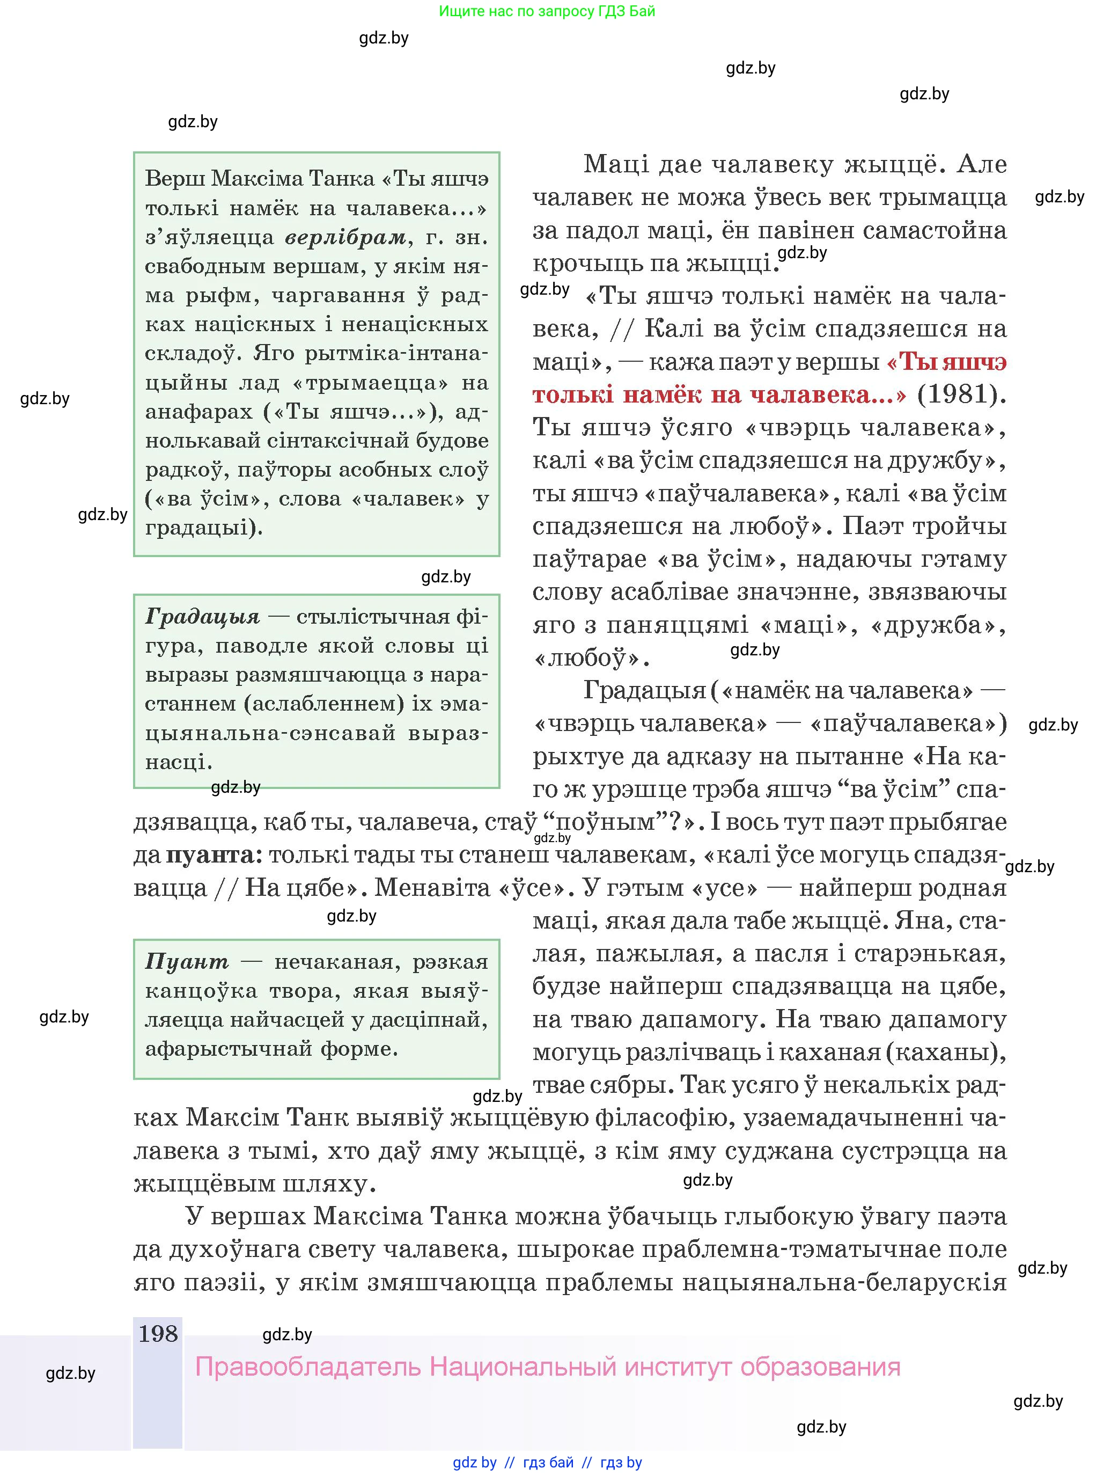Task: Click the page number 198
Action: tap(158, 1333)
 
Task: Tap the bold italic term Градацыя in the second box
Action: tap(202, 617)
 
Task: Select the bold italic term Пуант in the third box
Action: tap(187, 962)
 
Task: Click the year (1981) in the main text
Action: tap(961, 395)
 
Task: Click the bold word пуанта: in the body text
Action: tap(210, 855)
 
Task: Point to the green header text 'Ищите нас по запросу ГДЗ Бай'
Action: tap(547, 11)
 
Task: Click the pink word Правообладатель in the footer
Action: tap(308, 1367)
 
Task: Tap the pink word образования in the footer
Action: tap(820, 1367)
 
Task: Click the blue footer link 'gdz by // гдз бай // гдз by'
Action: tap(547, 1462)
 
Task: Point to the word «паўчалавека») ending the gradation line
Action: tap(908, 724)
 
